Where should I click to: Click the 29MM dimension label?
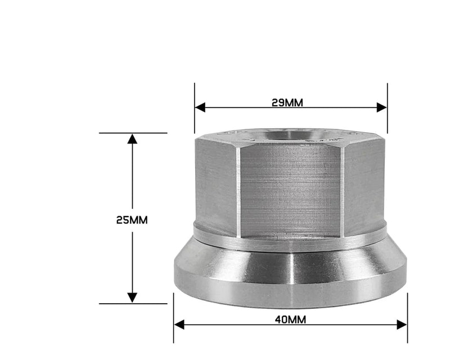(287, 103)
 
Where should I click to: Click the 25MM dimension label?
(132, 220)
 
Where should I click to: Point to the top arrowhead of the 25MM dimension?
(132, 138)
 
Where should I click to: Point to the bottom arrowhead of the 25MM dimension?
(132, 298)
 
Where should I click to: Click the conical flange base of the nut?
(290, 276)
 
